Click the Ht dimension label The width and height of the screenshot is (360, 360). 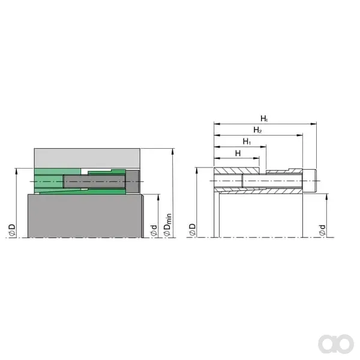coord(264,119)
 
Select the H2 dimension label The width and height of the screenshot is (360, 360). coord(257,130)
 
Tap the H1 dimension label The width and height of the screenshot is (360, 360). coord(247,142)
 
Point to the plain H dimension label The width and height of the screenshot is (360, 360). coord(238,153)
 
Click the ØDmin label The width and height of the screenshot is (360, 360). coord(167,224)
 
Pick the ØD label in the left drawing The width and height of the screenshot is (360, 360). coord(12,230)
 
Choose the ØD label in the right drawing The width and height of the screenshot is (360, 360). coord(193,230)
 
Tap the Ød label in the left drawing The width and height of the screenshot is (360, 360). coord(154,230)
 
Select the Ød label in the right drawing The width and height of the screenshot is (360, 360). coord(322,230)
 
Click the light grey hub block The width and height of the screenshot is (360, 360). coord(87,158)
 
